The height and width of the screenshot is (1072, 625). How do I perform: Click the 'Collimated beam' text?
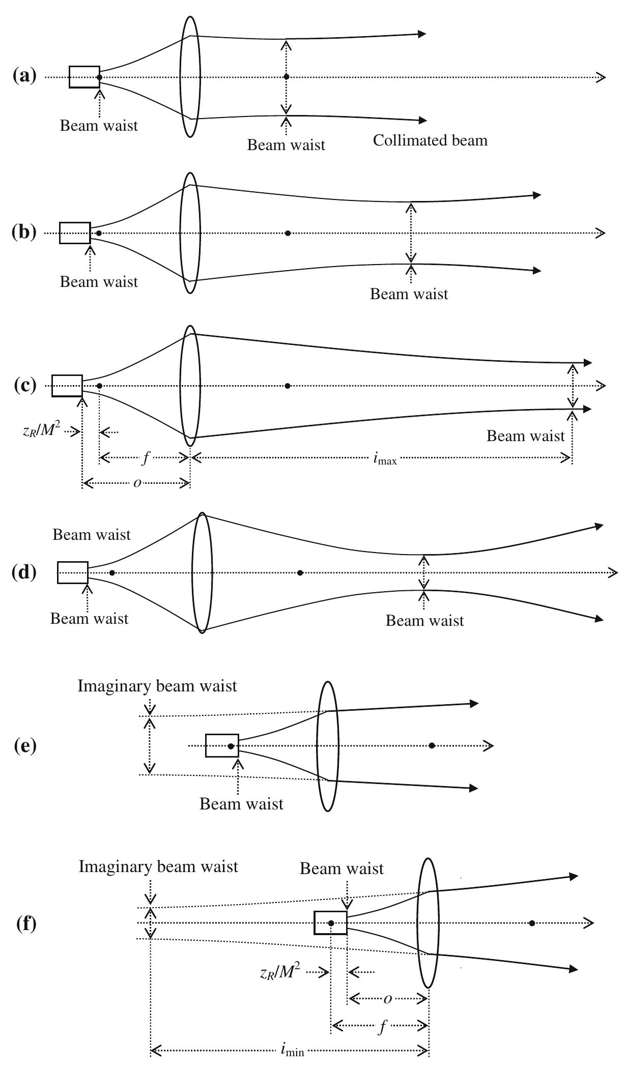[x=430, y=140]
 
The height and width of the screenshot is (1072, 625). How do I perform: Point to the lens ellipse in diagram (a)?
[x=190, y=77]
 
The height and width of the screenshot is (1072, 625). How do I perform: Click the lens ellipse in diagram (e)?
[x=327, y=746]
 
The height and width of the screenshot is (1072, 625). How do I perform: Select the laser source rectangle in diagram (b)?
[x=75, y=233]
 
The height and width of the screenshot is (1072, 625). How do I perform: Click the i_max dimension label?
[x=384, y=459]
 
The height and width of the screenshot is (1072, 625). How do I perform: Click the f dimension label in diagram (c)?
[x=145, y=458]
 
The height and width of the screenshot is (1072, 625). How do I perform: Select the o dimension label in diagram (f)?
[x=387, y=999]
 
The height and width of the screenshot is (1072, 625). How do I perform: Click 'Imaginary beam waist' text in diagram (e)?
[x=157, y=686]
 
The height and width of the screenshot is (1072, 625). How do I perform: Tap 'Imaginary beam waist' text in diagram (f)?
[x=158, y=866]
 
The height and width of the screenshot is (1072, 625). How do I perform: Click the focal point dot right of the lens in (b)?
[x=288, y=233]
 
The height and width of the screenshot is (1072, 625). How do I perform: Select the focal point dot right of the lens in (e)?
[x=432, y=746]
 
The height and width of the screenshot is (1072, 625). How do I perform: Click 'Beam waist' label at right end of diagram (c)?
[x=525, y=436]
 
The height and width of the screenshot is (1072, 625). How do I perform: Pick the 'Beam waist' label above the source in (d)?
[x=92, y=535]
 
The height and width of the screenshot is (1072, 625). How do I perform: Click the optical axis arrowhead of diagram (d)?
[x=613, y=573]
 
